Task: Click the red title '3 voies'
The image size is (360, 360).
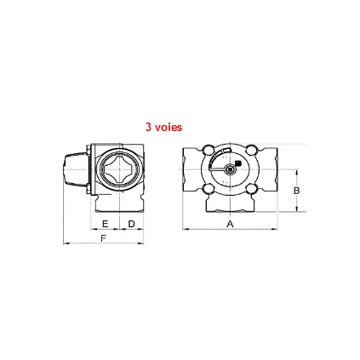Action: click(x=163, y=126)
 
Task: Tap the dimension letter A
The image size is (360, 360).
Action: click(x=229, y=223)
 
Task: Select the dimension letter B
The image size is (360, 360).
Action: click(x=296, y=191)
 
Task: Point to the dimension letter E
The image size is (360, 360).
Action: click(x=105, y=223)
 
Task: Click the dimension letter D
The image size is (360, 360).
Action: click(x=130, y=223)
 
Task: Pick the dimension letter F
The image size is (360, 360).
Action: click(x=103, y=239)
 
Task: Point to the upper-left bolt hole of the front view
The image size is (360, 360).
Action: click(x=209, y=153)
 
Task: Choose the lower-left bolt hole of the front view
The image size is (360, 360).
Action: click(x=209, y=189)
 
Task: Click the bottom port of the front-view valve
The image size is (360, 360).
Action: click(x=229, y=204)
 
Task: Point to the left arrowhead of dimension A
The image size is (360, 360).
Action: click(x=186, y=228)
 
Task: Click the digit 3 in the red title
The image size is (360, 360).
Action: click(x=148, y=126)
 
